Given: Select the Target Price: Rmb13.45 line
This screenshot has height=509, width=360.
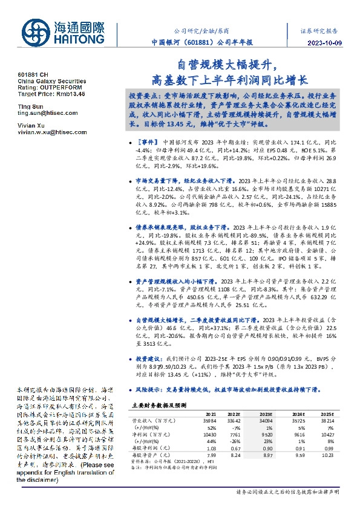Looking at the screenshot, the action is [x=51, y=94].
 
